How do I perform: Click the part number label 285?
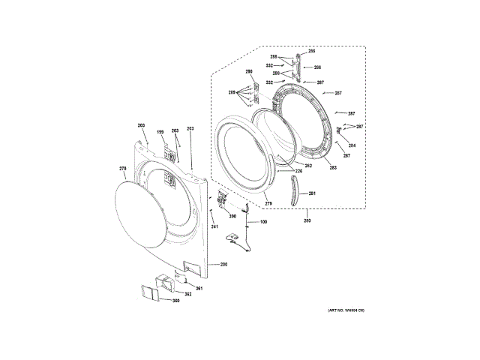311,50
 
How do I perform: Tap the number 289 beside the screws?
232,92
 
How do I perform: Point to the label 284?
352,145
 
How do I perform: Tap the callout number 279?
268,203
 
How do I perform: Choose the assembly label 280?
307,220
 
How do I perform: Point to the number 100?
263,223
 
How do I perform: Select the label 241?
214,226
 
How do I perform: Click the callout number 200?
223,265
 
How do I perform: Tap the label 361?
199,288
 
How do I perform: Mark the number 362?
188,294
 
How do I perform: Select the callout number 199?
159,133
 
